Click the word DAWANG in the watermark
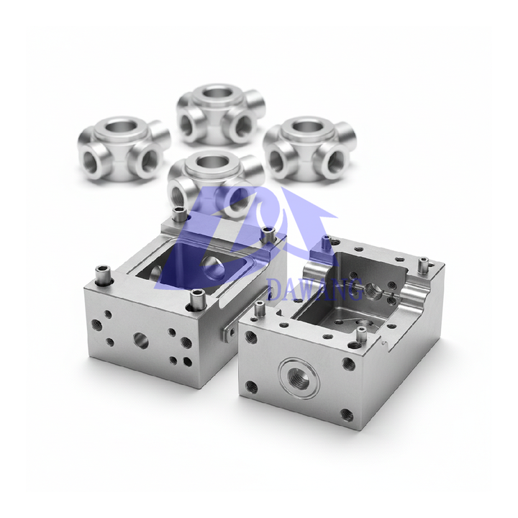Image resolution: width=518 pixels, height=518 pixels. click(316, 290)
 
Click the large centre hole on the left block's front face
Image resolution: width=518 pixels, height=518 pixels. click(141, 340)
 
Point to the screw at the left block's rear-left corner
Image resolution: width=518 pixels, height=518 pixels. click(179, 215)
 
